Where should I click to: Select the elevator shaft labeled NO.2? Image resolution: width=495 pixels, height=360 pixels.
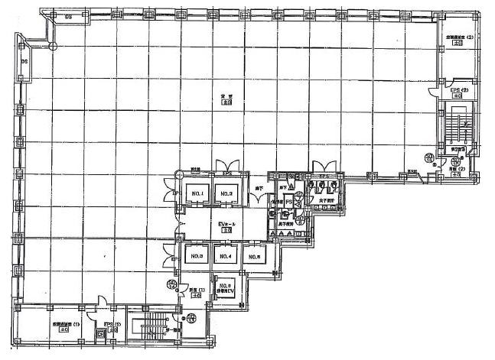(x=226, y=196)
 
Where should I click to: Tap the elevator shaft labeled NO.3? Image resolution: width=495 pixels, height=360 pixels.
(x=196, y=258)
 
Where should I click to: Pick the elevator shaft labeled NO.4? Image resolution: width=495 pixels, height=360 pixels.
(x=225, y=258)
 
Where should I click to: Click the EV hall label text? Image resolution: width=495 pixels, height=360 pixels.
(x=226, y=224)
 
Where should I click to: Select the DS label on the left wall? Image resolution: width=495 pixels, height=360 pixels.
(x=24, y=60)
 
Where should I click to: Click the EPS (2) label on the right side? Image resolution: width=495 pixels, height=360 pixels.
(x=458, y=89)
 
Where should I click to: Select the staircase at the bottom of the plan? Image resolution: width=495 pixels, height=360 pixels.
(x=150, y=327)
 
